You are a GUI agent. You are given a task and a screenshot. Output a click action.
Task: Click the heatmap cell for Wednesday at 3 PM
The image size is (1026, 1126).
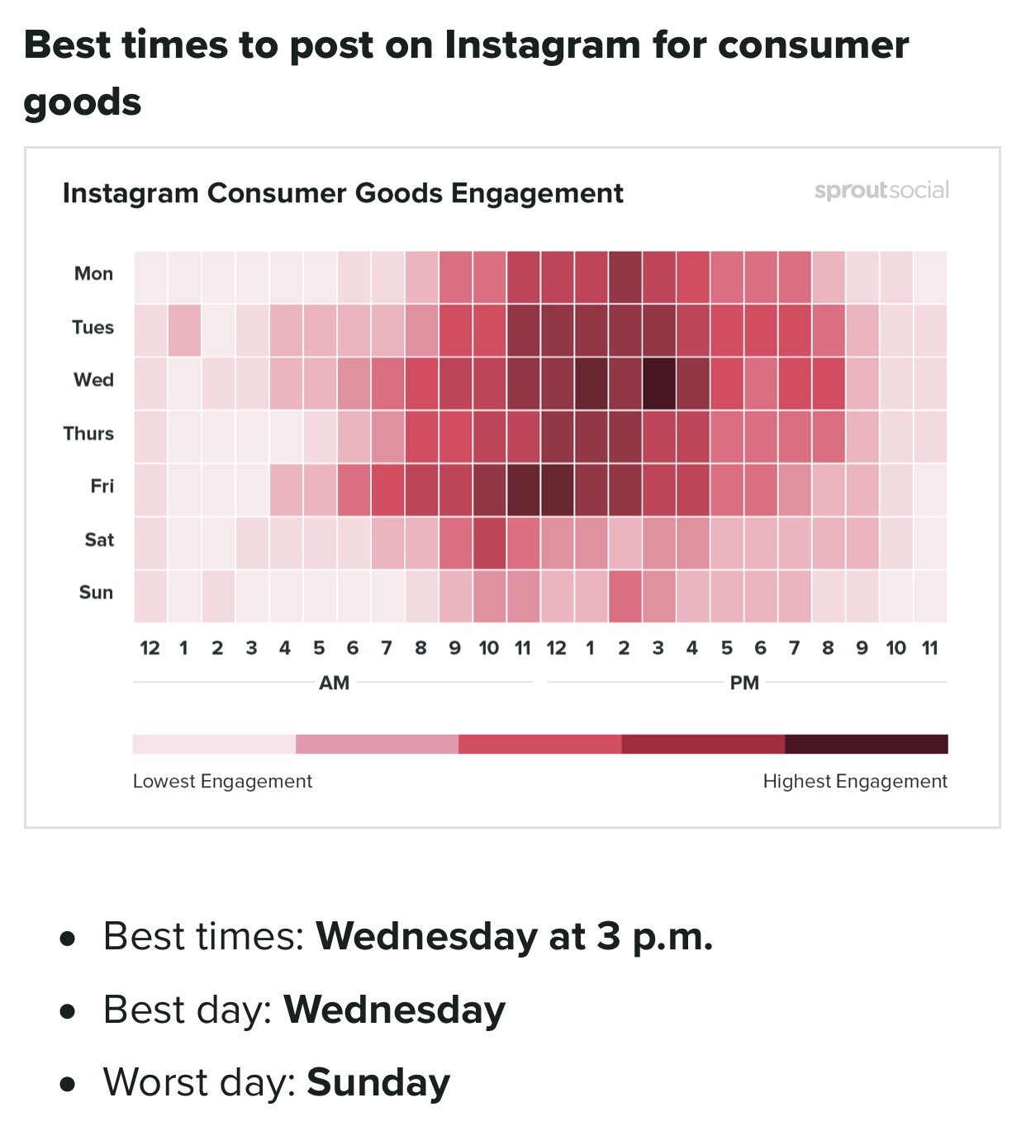(x=658, y=383)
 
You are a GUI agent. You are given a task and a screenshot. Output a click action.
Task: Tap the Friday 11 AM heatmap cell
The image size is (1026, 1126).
(x=523, y=490)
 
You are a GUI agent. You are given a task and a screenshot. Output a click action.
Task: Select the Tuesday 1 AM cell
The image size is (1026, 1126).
(x=184, y=330)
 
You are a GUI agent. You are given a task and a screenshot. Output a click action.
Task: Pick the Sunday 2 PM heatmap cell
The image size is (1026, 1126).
(x=625, y=596)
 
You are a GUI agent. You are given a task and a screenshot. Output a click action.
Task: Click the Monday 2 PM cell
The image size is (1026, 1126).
(x=625, y=277)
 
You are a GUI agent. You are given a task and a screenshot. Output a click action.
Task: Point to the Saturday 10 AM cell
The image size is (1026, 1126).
(x=489, y=543)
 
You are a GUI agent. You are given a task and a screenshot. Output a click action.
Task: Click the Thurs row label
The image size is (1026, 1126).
(x=88, y=433)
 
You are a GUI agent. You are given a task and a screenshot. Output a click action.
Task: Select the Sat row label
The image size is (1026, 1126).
(x=99, y=540)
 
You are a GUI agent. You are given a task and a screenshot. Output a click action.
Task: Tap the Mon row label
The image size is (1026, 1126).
(x=93, y=273)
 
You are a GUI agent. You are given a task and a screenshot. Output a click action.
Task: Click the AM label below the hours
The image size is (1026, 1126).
(x=335, y=683)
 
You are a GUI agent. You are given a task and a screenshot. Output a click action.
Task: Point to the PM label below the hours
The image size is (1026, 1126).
(x=744, y=683)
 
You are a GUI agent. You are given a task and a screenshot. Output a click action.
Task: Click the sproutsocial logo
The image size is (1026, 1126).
(x=881, y=191)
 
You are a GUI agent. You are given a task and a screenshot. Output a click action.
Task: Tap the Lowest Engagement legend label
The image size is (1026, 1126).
(x=222, y=781)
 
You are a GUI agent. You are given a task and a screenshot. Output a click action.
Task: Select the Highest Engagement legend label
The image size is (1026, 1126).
(x=855, y=781)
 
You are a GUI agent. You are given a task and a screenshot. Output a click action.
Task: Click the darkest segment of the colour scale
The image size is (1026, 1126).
(x=866, y=744)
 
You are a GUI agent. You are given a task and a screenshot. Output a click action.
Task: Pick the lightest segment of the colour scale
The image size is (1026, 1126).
(x=214, y=744)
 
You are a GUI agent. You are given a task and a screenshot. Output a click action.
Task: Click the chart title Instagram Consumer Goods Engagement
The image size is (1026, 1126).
(x=343, y=193)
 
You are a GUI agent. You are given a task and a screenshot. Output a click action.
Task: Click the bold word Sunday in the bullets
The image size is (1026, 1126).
(x=378, y=1082)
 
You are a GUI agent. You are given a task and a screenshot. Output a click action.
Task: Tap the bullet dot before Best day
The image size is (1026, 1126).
(x=69, y=1011)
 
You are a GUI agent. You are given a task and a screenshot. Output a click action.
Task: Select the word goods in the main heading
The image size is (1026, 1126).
(x=83, y=102)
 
